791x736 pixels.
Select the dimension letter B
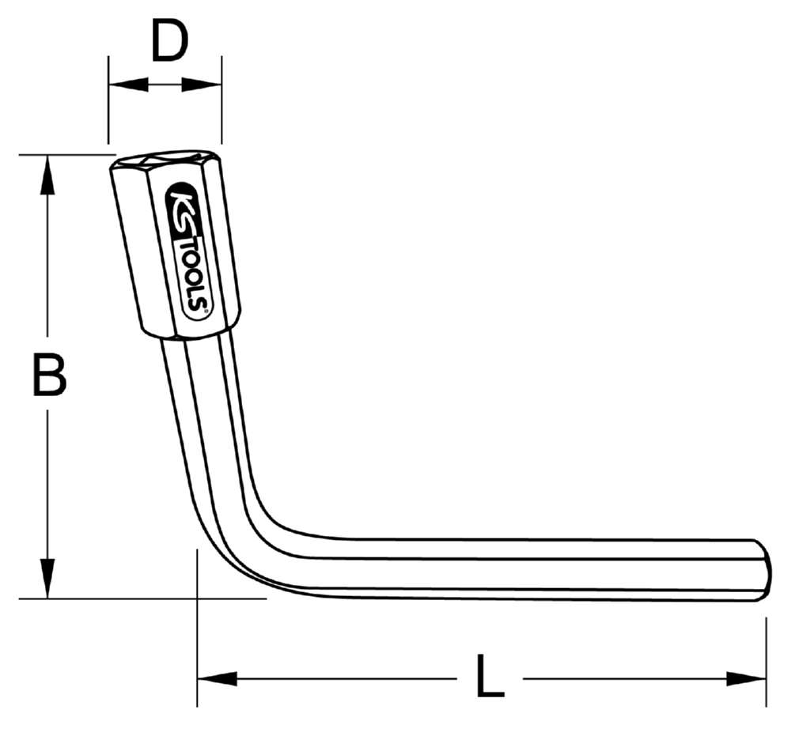point(49,376)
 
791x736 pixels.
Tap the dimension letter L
point(490,676)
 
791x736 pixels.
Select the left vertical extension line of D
point(108,99)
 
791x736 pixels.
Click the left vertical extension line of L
point(197,632)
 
